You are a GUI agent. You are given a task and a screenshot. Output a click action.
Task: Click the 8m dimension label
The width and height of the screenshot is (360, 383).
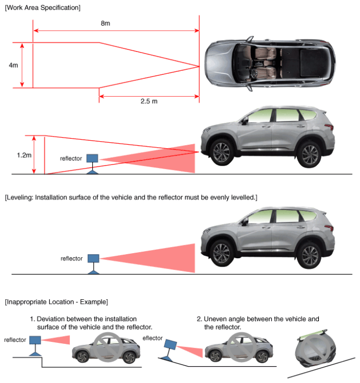pos(105,23)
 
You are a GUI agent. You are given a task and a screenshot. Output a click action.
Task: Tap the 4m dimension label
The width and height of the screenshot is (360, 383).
pos(13,65)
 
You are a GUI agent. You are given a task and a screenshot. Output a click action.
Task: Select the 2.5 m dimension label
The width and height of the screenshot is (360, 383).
pos(149,101)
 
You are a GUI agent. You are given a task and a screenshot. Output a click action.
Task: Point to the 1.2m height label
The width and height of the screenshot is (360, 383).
pos(24,155)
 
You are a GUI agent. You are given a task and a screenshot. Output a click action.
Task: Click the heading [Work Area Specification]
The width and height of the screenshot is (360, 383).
pos(43,7)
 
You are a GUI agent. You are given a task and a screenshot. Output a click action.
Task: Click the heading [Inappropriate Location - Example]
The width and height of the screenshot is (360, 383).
pos(57,302)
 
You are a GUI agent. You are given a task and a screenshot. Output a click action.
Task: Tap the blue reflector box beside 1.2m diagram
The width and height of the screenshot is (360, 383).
pos(92,158)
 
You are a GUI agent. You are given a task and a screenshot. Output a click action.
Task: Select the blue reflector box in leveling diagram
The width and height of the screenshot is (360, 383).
pos(93,259)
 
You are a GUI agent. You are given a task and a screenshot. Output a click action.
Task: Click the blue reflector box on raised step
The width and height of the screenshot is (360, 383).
pos(35,340)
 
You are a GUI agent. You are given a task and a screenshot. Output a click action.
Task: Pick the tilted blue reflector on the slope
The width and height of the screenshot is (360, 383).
pos(171,345)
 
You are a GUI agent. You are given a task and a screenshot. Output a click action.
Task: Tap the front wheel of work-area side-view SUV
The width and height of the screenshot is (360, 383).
pos(222,152)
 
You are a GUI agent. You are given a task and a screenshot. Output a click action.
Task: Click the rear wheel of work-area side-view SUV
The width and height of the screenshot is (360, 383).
pos(309,155)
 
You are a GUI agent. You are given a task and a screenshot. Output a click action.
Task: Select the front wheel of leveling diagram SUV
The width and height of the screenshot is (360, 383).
pos(222,253)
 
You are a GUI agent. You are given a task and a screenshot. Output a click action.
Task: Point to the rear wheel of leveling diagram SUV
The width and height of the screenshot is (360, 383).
pos(309,256)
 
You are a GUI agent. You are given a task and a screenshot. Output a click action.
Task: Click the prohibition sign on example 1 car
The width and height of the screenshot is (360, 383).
pos(108,347)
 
